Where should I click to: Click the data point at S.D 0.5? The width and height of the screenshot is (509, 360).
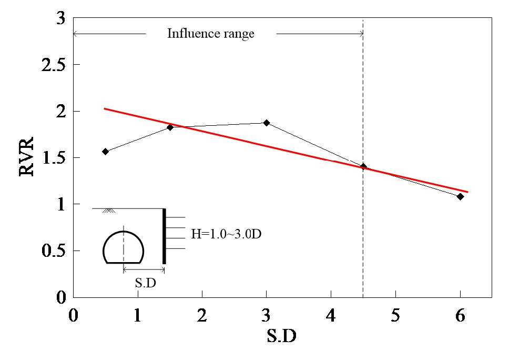[105, 152]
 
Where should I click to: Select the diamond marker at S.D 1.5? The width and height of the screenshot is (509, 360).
[170, 127]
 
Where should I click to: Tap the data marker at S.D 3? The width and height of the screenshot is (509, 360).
[267, 123]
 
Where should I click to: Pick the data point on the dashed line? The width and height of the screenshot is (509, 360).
[363, 166]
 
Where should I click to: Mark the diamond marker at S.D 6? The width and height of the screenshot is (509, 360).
[460, 196]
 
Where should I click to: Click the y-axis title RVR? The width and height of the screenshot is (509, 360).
[27, 157]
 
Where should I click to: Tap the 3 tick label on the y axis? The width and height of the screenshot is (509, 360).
[60, 19]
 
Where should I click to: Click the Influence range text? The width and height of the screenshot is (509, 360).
[210, 34]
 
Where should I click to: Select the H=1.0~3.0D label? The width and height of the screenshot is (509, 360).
[226, 233]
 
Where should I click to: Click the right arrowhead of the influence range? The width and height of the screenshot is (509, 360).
[361, 34]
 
